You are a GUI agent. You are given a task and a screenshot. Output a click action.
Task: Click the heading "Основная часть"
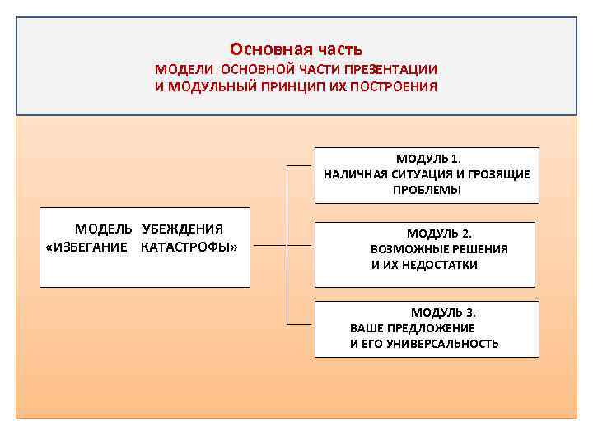(x=296, y=50)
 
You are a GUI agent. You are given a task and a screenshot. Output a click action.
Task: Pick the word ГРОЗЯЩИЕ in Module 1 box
(x=499, y=174)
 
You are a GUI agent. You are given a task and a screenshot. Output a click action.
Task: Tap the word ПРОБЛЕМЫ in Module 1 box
(x=427, y=190)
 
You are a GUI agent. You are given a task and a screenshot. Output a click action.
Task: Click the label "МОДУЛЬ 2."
(x=439, y=233)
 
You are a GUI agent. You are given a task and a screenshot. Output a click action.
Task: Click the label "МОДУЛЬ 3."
(x=443, y=312)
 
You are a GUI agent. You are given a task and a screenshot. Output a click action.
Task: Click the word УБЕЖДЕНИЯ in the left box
(x=183, y=229)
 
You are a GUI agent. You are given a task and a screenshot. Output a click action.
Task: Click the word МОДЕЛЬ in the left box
(x=104, y=229)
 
